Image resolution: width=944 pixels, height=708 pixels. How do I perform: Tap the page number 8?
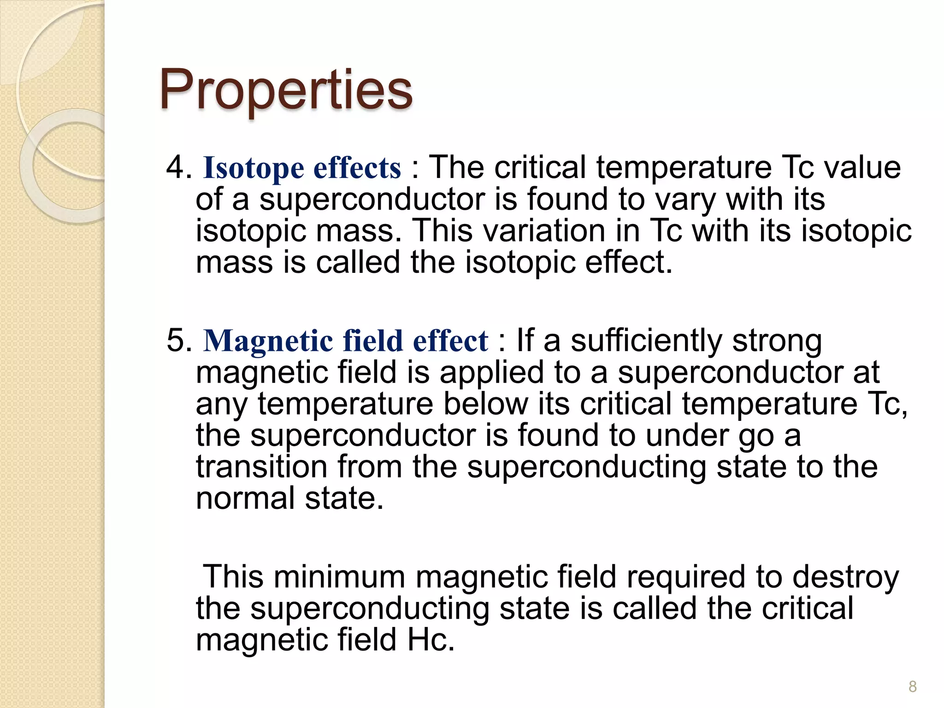[912, 686]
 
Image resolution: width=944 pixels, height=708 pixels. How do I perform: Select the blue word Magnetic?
[268, 342]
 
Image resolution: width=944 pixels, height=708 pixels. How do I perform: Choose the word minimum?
[339, 577]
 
